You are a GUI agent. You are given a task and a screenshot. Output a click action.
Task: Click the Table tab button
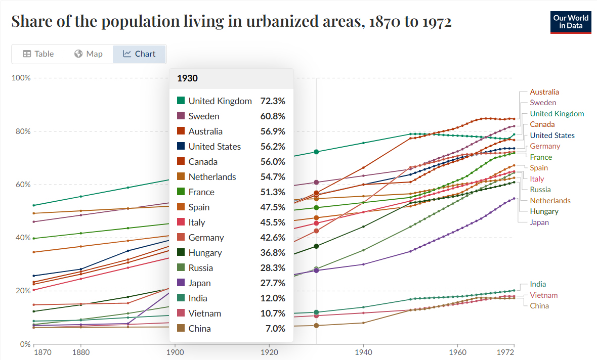pos(38,54)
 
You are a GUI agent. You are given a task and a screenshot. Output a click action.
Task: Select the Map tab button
pos(89,54)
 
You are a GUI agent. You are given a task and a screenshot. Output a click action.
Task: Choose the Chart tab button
pos(139,54)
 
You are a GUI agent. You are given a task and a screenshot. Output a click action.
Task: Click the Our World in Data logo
pos(571,22)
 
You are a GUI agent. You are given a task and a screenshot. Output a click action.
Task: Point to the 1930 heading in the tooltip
pos(187,78)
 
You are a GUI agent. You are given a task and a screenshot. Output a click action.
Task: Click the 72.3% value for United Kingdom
pos(273,101)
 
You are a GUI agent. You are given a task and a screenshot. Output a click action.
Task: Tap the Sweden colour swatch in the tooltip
pos(181,116)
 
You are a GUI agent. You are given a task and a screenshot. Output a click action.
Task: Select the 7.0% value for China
pos(276,329)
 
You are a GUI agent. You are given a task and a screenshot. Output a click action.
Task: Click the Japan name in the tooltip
pos(199,283)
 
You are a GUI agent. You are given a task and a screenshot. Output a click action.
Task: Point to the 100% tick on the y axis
pos(22,78)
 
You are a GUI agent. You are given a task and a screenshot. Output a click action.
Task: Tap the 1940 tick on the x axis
pos(363,351)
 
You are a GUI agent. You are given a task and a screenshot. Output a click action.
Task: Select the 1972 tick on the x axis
pos(506,351)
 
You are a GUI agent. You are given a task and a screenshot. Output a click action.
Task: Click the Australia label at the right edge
pos(544,92)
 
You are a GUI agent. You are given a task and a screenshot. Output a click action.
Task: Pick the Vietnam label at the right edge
pos(543,295)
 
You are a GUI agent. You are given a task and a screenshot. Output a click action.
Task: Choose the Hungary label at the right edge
pos(544,211)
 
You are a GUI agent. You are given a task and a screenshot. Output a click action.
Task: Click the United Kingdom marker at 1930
pos(316,152)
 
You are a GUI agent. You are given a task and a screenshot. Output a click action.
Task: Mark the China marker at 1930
pos(316,325)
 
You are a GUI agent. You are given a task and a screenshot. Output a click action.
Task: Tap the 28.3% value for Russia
pos(273,268)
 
